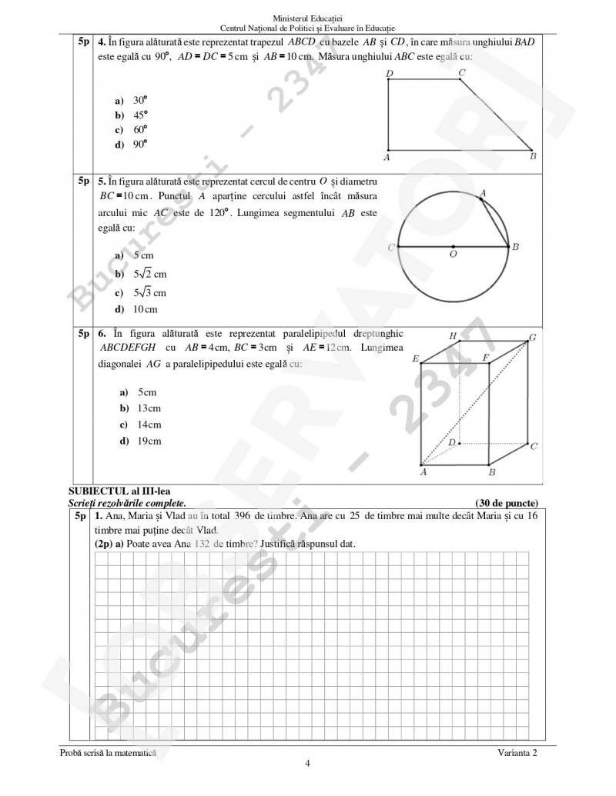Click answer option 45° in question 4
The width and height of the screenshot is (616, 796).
coord(139,115)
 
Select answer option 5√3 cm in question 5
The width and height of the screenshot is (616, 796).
coord(150,292)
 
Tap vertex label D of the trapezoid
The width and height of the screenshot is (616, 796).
coord(389,74)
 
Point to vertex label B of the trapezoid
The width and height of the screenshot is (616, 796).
coord(533,157)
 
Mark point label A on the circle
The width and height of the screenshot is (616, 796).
coord(483,193)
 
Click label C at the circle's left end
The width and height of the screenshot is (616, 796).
coord(391,247)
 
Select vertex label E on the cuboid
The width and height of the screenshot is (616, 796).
coord(416,358)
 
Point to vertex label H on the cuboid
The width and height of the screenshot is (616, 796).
coord(453,336)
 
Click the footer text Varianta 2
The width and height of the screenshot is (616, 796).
coord(517,753)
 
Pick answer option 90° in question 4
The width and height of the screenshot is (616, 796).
coord(139,144)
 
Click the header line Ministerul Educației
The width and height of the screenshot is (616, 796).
coord(307,18)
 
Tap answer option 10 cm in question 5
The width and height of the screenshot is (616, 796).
coord(145,309)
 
